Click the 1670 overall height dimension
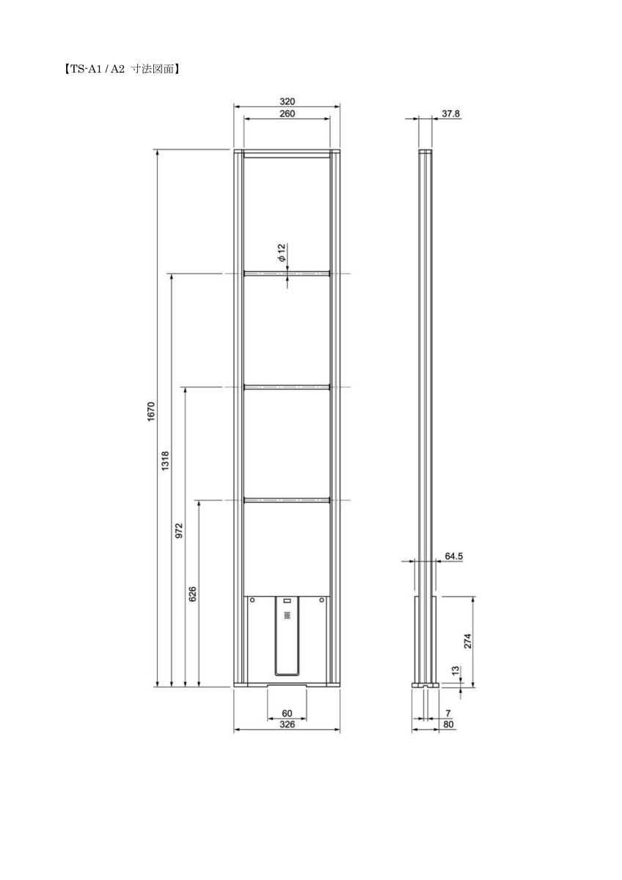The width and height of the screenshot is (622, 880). tap(152, 411)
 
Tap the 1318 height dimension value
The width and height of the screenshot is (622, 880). tap(165, 461)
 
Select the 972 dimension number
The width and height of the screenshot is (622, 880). tap(179, 530)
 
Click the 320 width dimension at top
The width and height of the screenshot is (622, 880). tap(287, 101)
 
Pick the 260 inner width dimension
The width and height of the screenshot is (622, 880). tap(287, 114)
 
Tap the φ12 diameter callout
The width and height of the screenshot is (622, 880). tap(282, 252)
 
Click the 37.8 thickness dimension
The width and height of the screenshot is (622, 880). tap(450, 114)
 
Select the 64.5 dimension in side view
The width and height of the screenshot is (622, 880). tap(454, 556)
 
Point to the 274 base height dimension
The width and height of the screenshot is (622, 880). tap(467, 641)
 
